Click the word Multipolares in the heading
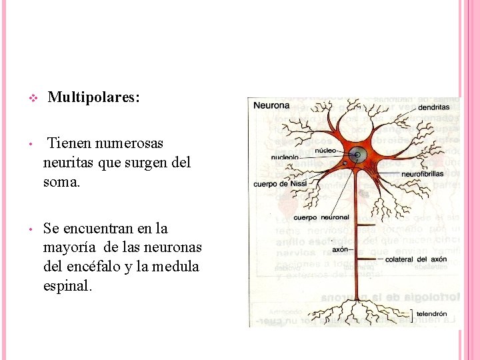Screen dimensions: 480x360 [x=93, y=98]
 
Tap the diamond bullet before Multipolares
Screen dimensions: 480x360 [x=32, y=99]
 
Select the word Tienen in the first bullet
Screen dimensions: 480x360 [x=70, y=143]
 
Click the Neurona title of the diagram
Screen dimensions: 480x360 [x=271, y=105]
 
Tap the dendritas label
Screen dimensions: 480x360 [x=434, y=107]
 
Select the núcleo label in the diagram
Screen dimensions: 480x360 [x=325, y=151]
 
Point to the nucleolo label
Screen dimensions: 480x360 [x=285, y=158]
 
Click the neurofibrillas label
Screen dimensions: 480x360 [x=423, y=174]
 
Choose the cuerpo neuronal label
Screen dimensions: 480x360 [x=321, y=217]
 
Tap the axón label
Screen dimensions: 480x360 [x=340, y=249]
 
